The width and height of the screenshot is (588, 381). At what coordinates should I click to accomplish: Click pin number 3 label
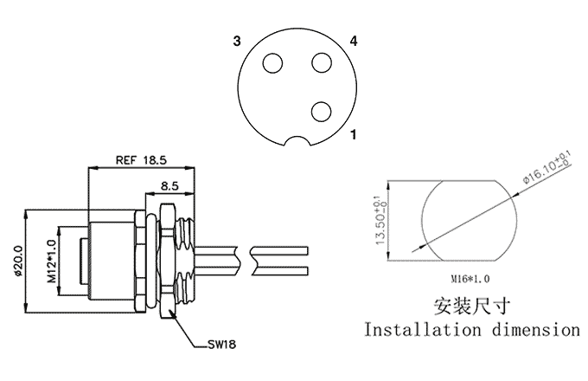click(x=235, y=42)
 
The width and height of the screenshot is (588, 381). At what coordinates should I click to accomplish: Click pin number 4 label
click(x=354, y=42)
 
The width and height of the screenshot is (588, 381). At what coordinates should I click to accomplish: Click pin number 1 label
click(x=354, y=135)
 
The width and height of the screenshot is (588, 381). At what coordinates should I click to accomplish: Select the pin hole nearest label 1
click(x=322, y=110)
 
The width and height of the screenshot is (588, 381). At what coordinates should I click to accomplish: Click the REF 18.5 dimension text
click(x=141, y=160)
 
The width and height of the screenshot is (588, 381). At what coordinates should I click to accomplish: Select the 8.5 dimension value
click(x=170, y=184)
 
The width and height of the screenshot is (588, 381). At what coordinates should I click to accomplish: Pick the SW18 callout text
click(x=221, y=344)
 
